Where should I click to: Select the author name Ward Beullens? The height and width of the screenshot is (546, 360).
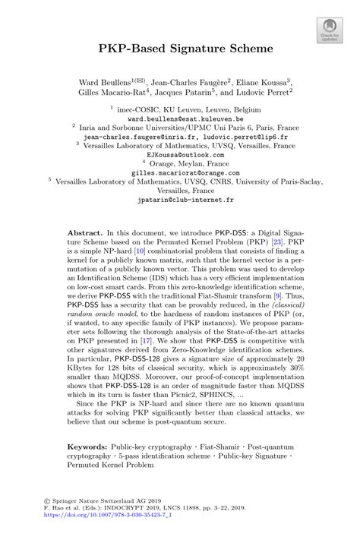[x=107, y=80]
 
